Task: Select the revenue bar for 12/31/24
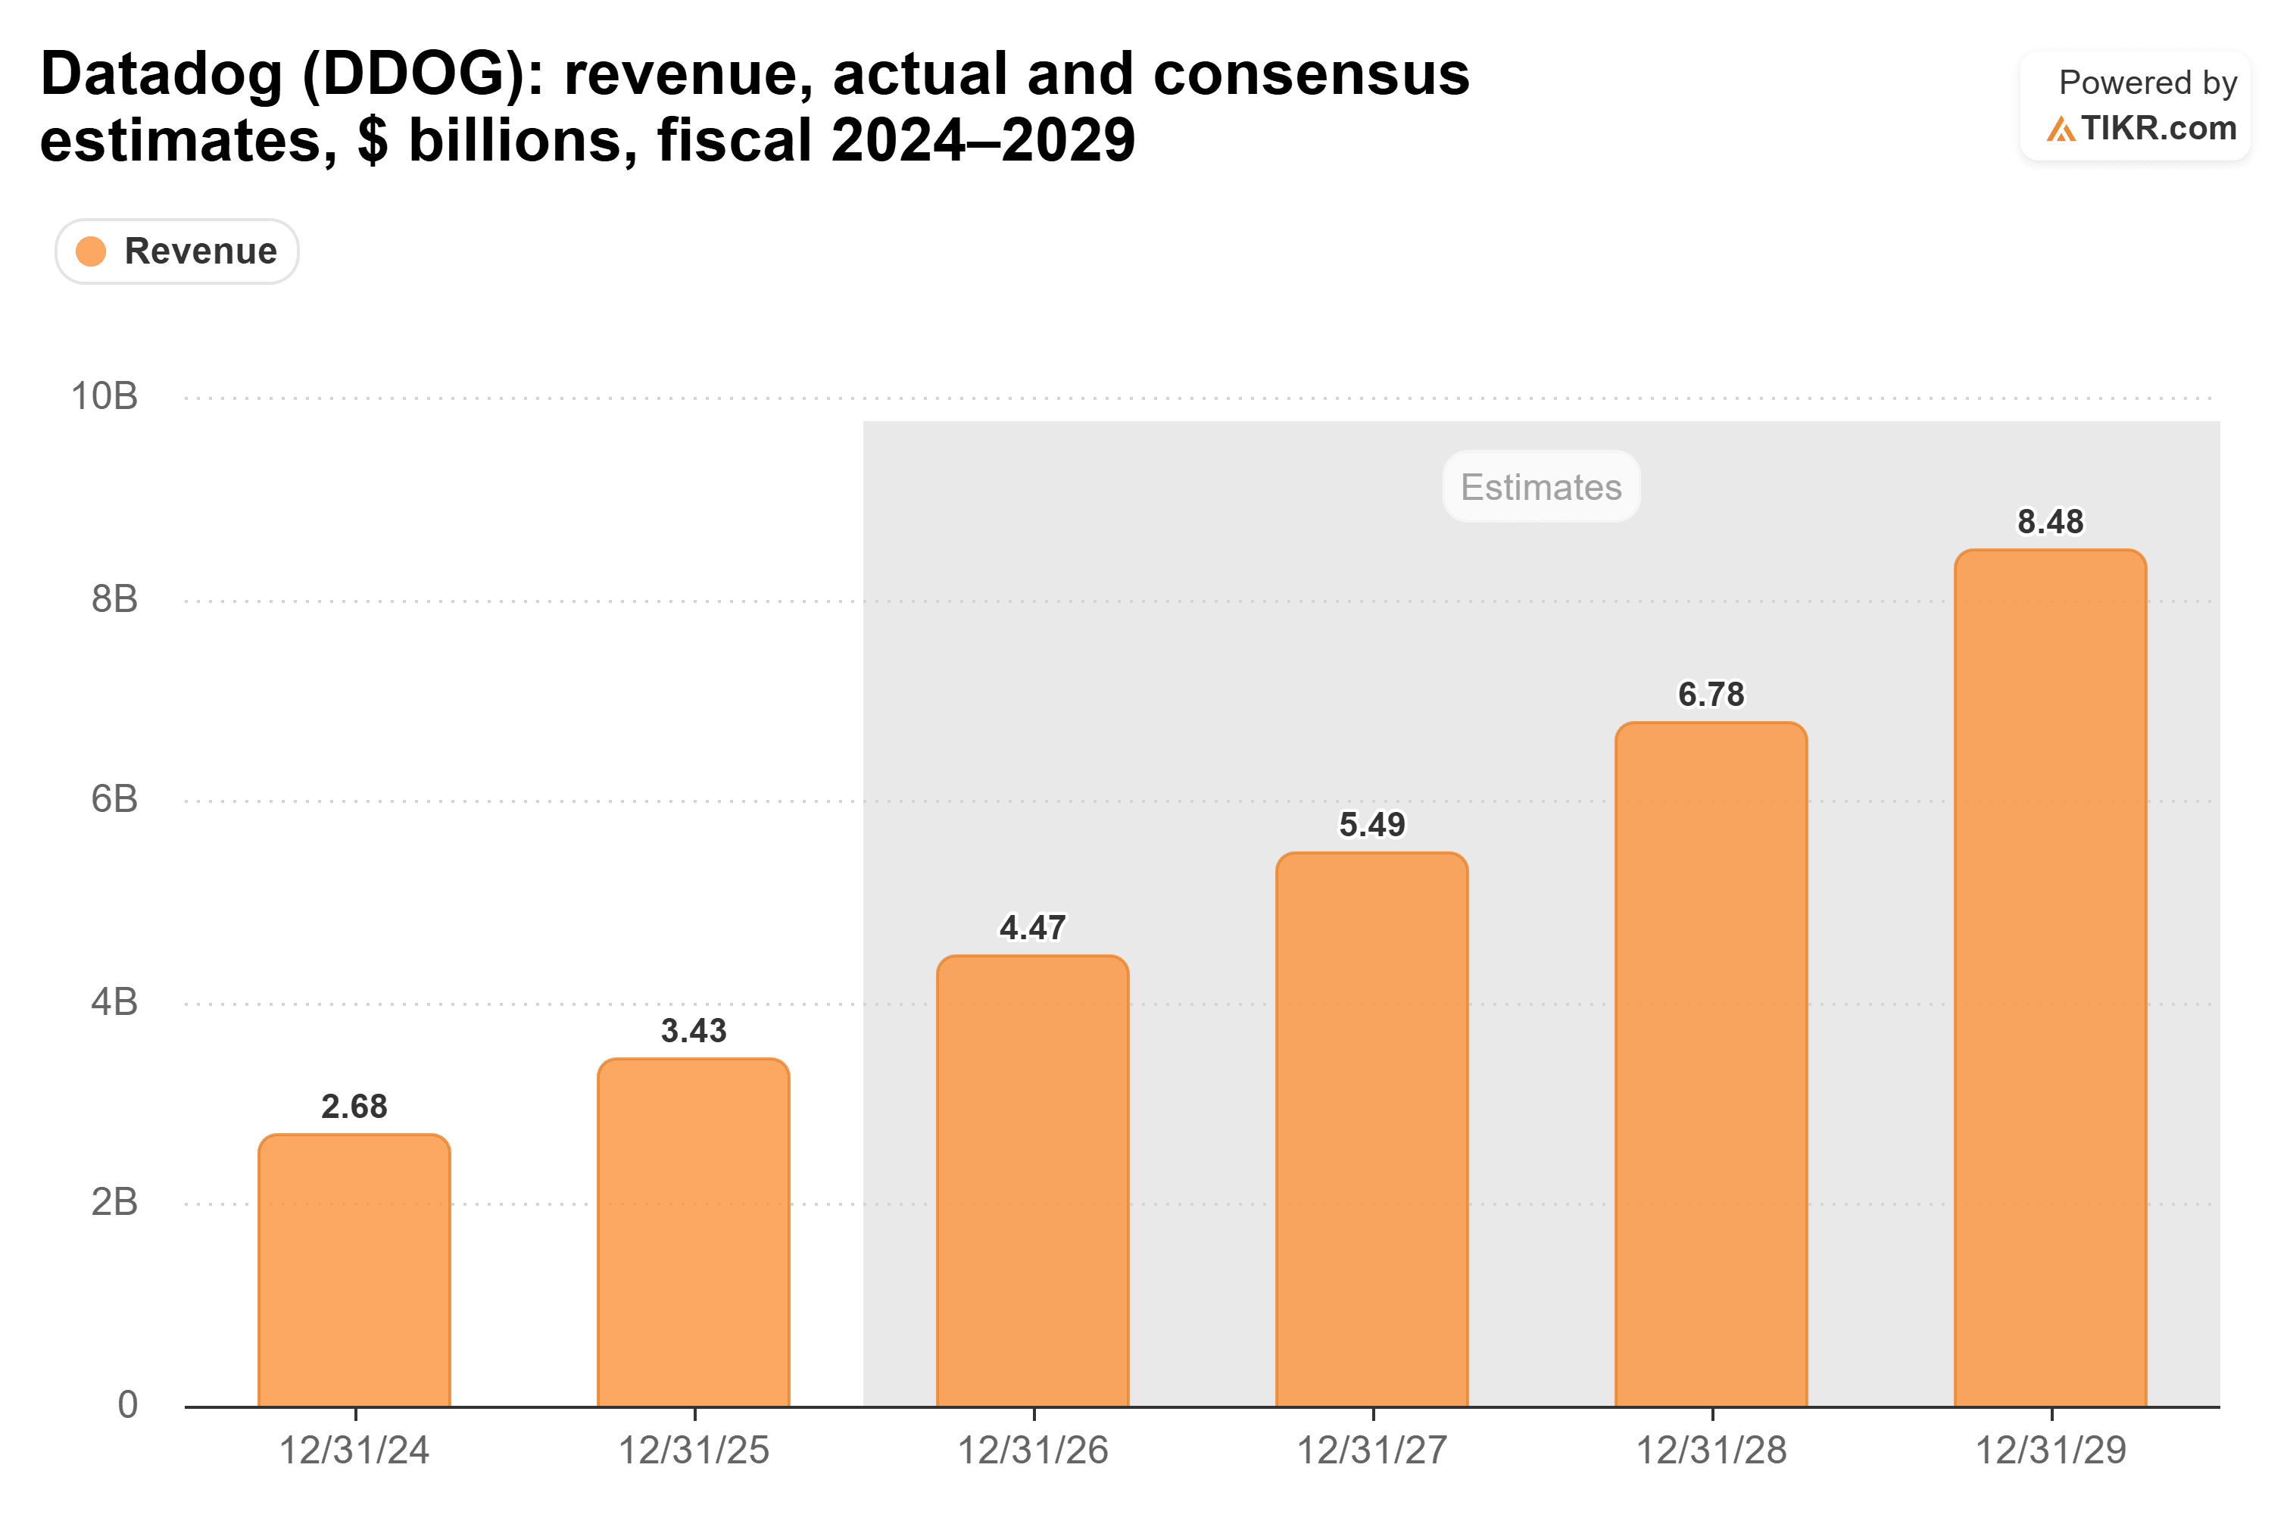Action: (354, 1270)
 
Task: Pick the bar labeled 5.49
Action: (1372, 1129)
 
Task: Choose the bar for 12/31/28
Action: (1711, 1064)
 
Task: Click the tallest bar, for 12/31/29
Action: (2051, 978)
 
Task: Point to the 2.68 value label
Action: (354, 1107)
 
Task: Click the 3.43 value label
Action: (693, 1030)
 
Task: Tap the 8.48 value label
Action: (2051, 522)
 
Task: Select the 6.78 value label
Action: (1711, 695)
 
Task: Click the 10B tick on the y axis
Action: (105, 396)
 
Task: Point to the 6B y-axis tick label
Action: (114, 800)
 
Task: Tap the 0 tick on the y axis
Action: (127, 1404)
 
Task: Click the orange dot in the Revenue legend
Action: (91, 251)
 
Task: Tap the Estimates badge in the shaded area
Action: (1541, 487)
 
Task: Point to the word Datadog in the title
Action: (161, 74)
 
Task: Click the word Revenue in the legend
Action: (201, 251)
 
